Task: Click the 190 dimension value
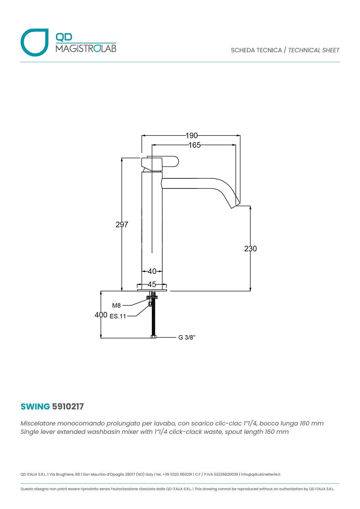click(x=192, y=136)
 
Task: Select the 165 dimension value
click(x=195, y=145)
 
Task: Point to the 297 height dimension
click(x=122, y=224)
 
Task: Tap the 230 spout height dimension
click(x=250, y=249)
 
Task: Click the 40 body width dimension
click(x=152, y=271)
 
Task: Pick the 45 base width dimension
click(x=152, y=284)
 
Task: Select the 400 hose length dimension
click(x=101, y=315)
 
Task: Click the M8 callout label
click(x=116, y=306)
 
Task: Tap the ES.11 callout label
click(x=118, y=316)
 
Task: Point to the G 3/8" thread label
click(x=187, y=337)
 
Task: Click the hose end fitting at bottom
click(x=154, y=337)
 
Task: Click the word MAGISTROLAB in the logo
click(x=86, y=48)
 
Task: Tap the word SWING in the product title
click(x=35, y=407)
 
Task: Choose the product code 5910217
click(x=68, y=407)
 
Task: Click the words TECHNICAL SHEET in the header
click(x=314, y=50)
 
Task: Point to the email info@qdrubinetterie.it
click(x=261, y=474)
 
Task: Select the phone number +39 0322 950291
click(x=177, y=474)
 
